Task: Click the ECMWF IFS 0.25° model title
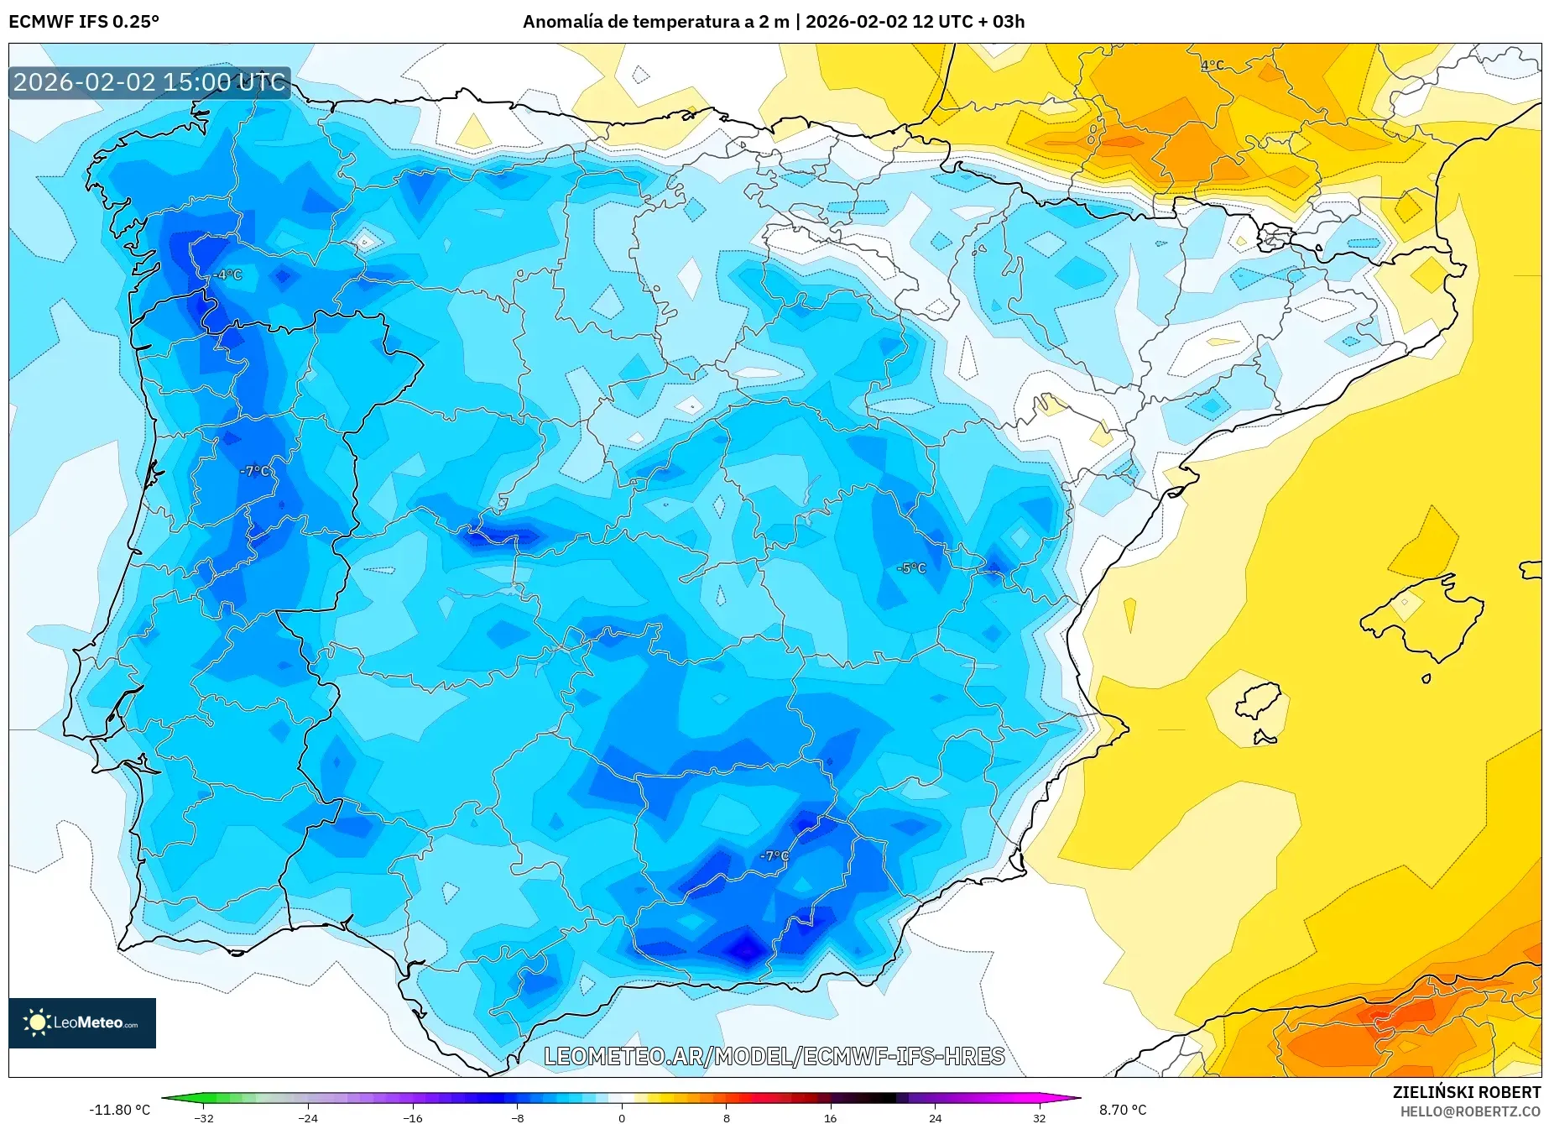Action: tap(84, 22)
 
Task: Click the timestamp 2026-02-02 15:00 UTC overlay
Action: tap(149, 82)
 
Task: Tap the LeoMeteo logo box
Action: tap(82, 1022)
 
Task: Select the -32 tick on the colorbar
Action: tap(204, 1117)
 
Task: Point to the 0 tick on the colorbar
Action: tap(622, 1117)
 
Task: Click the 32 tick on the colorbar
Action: tap(1039, 1117)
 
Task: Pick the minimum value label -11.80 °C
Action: tap(119, 1110)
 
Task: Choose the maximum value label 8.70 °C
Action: tap(1123, 1110)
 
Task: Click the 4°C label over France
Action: tap(1212, 65)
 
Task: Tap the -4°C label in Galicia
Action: tap(227, 274)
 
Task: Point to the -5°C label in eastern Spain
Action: tap(911, 568)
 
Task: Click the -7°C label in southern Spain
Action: tap(774, 856)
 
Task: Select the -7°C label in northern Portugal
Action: tap(255, 471)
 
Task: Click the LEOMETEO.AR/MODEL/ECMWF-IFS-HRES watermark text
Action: tap(774, 1056)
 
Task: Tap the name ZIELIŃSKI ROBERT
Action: tap(1466, 1092)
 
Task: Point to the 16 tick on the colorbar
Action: tap(830, 1117)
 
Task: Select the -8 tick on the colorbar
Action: tap(518, 1117)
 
